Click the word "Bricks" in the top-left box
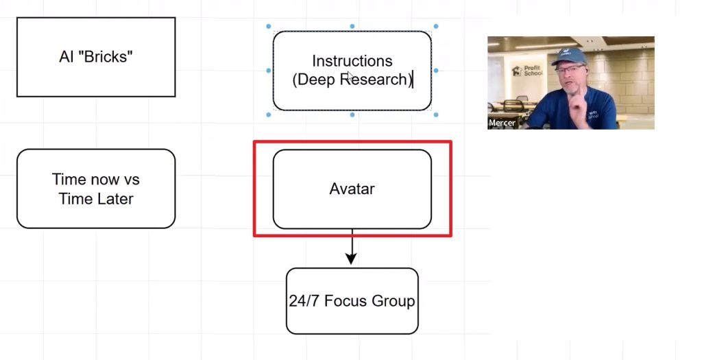[106, 57]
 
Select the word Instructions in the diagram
[352, 61]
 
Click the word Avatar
[352, 189]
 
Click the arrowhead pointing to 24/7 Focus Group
[352, 258]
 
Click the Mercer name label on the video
[502, 123]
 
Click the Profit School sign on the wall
[528, 71]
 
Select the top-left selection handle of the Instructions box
[269, 27]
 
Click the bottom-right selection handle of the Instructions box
[436, 115]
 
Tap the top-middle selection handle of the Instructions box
[352, 27]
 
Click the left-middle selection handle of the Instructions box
[269, 71]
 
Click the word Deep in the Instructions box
[316, 80]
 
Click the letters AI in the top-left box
[66, 57]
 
